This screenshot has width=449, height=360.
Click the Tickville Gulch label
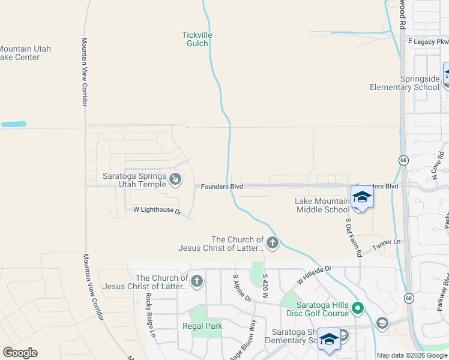pyautogui.click(x=197, y=39)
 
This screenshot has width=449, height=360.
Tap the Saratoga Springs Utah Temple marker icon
pyautogui.click(x=175, y=178)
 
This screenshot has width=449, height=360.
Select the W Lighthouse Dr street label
pyautogui.click(x=157, y=210)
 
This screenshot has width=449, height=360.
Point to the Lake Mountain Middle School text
pyautogui.click(x=322, y=205)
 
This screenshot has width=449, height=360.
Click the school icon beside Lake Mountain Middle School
pyautogui.click(x=362, y=198)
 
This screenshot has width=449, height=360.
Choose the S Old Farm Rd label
pyautogui.click(x=352, y=237)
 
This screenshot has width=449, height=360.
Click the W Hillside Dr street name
pyautogui.click(x=314, y=276)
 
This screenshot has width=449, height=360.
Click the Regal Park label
pyautogui.click(x=202, y=326)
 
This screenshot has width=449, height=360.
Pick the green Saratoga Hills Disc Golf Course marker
pyautogui.click(x=358, y=308)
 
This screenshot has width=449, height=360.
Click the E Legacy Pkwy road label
pyautogui.click(x=428, y=41)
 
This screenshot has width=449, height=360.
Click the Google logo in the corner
pyautogui.click(x=20, y=353)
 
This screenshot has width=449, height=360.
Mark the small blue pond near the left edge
pyautogui.click(x=13, y=124)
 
